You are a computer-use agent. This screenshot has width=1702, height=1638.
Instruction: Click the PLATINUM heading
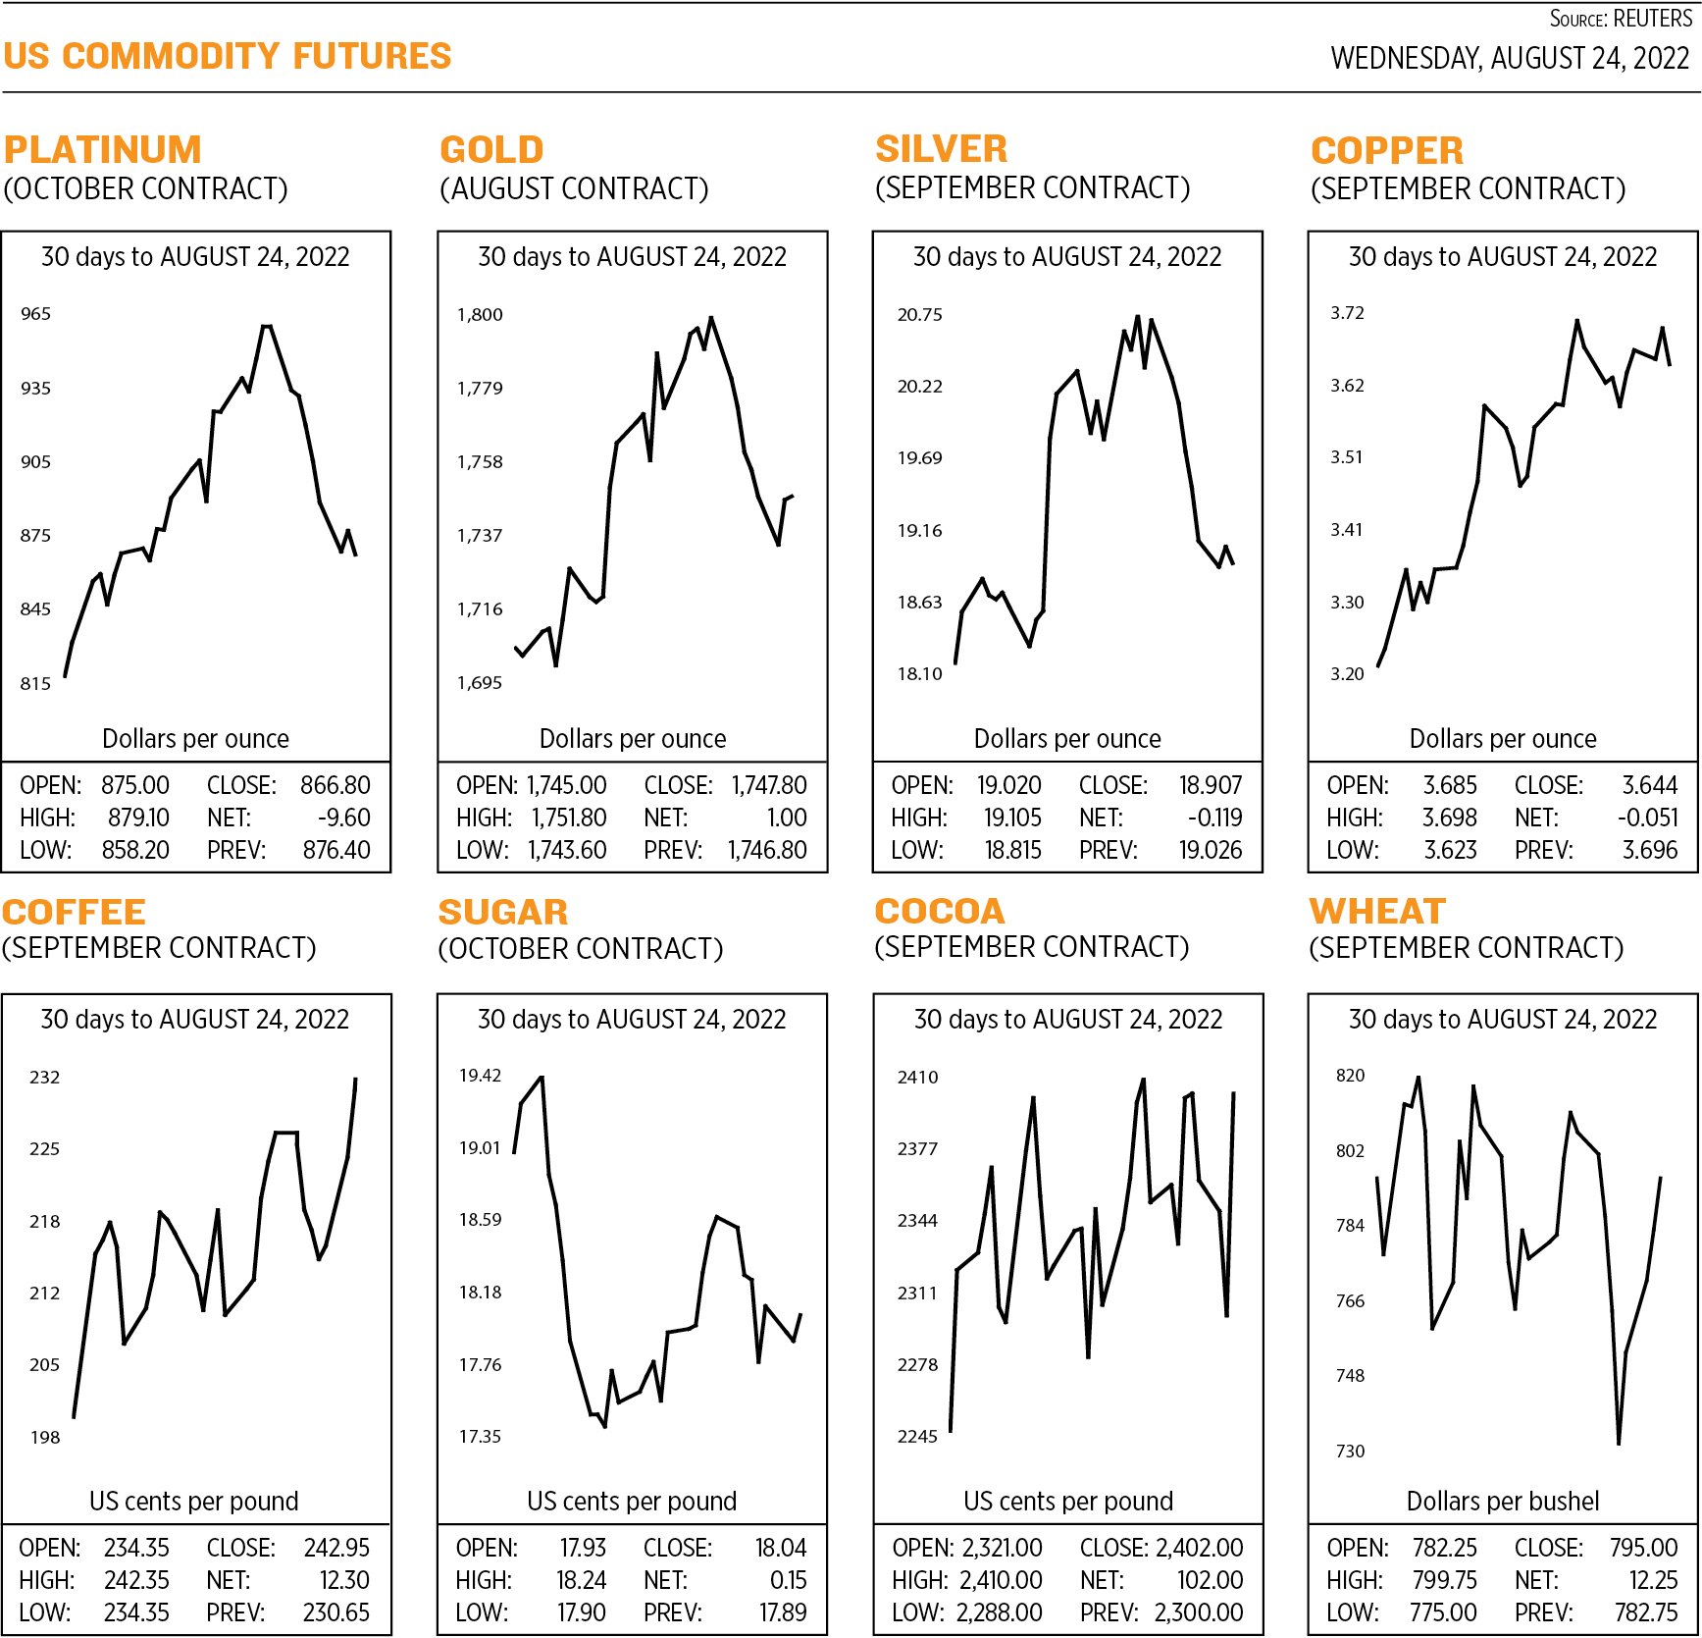tap(102, 150)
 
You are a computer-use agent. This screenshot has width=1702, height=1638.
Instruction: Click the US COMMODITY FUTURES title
tap(227, 57)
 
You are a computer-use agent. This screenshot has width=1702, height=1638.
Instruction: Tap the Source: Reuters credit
tap(1620, 19)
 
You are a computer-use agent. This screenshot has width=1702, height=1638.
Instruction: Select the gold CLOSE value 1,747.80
tap(769, 785)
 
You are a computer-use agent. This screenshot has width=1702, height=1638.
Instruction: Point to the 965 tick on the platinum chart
tap(35, 314)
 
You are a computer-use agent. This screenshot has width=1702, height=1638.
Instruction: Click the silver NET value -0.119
tap(1213, 818)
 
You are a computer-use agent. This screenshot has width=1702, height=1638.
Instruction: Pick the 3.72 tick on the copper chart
tap(1347, 313)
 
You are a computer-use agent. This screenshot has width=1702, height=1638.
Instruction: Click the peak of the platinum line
tap(266, 326)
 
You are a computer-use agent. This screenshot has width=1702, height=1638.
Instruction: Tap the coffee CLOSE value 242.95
tap(336, 1548)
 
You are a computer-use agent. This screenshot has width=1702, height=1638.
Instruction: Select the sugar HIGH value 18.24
tap(581, 1580)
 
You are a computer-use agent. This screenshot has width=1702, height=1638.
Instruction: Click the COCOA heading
tap(939, 912)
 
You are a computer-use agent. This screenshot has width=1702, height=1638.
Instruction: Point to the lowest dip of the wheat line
tap(1618, 1443)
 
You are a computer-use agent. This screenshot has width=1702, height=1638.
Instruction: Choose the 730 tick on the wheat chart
tap(1350, 1451)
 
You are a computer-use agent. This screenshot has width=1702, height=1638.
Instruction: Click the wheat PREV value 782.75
tap(1646, 1612)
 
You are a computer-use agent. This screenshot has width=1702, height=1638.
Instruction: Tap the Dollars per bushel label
tap(1502, 1501)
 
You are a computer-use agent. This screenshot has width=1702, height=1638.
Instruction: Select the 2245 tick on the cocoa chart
tap(917, 1437)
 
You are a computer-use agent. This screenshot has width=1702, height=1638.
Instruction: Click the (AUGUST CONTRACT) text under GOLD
tap(574, 188)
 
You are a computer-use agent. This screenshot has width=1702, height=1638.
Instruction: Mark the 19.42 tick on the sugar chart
tap(480, 1076)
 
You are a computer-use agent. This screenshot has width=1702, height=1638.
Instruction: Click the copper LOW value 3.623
tap(1450, 850)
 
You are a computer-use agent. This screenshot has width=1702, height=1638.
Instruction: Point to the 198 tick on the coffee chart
tap(45, 1438)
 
